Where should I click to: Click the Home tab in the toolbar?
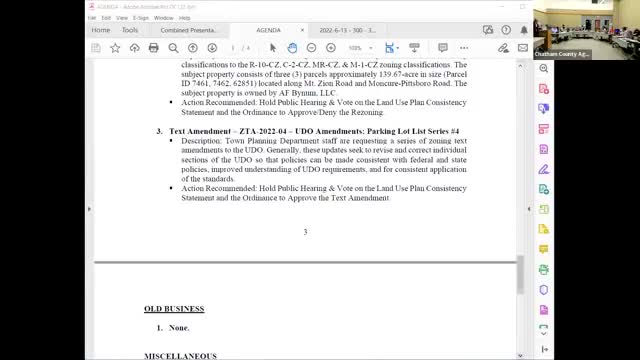(101, 30)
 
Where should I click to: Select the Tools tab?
(130, 30)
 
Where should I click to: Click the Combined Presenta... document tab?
(189, 30)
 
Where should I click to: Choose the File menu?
(92, 17)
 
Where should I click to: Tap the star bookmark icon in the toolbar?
(116, 47)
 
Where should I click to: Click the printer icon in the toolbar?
(154, 47)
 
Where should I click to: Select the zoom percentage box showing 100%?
(356, 47)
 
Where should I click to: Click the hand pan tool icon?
(292, 47)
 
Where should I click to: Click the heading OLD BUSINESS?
(174, 309)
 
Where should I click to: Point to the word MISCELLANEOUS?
(180, 355)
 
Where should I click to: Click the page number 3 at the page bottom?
(305, 232)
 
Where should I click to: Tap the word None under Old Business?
(177, 328)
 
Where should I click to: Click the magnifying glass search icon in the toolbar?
(192, 47)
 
